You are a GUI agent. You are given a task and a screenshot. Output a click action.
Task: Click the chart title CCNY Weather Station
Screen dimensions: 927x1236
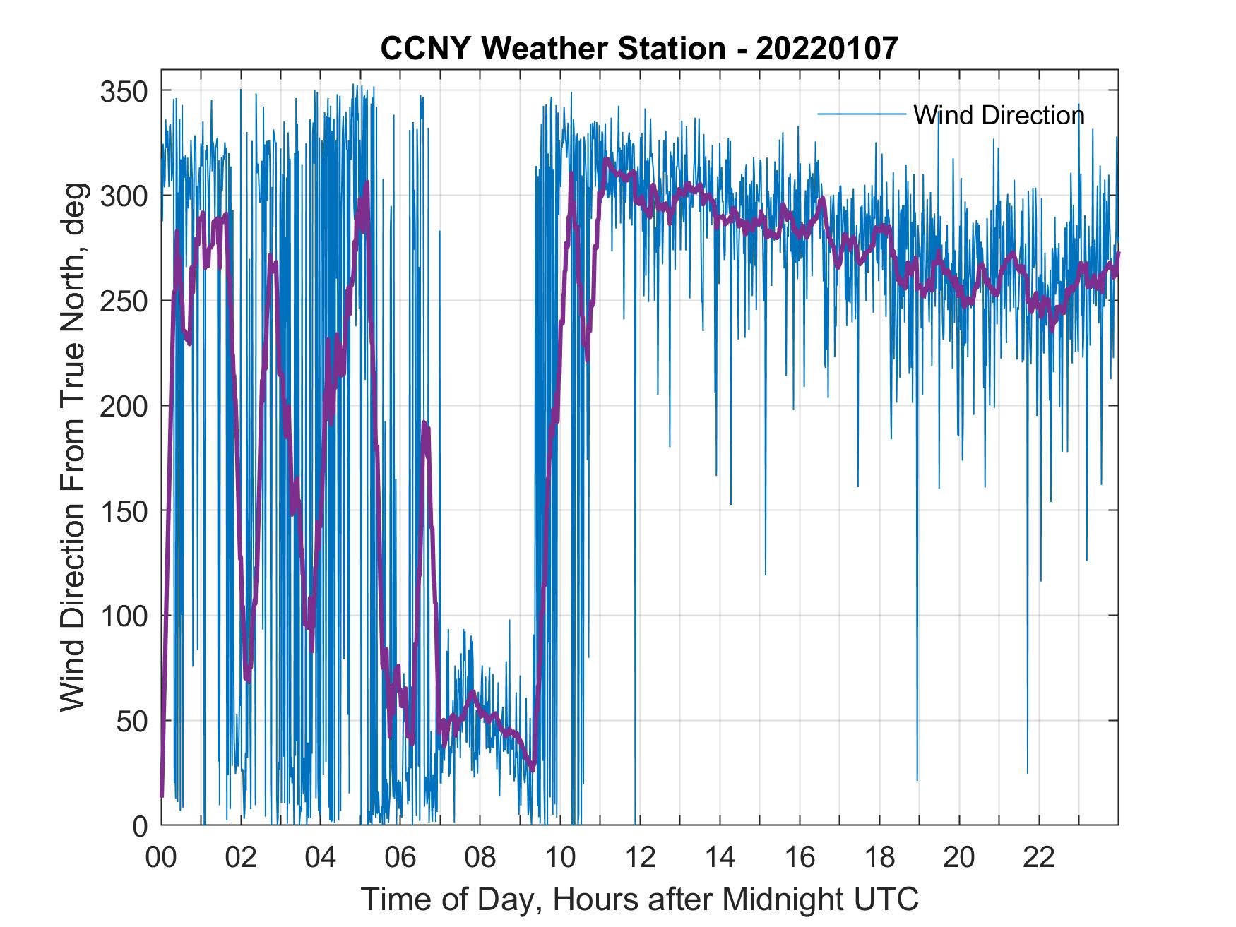pyautogui.click(x=553, y=49)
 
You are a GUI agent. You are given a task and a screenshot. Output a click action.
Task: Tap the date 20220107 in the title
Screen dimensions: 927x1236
pyautogui.click(x=827, y=49)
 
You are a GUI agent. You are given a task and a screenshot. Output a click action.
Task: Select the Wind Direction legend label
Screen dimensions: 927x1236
pyautogui.click(x=999, y=115)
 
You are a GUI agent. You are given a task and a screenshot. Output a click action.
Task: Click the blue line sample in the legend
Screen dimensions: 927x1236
pyautogui.click(x=862, y=114)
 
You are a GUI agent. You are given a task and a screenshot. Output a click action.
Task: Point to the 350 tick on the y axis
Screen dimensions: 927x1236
pyautogui.click(x=124, y=91)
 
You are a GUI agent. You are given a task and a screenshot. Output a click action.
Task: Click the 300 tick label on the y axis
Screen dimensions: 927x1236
pyautogui.click(x=124, y=196)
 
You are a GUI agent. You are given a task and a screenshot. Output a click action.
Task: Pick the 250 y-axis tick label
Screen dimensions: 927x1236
pyautogui.click(x=124, y=301)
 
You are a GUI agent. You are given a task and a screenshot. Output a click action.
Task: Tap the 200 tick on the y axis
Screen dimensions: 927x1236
pyautogui.click(x=124, y=406)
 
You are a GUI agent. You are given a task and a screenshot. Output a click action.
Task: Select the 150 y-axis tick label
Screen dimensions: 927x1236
pyautogui.click(x=124, y=510)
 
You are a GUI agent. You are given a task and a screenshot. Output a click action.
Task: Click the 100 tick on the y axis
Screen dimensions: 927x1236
pyautogui.click(x=124, y=616)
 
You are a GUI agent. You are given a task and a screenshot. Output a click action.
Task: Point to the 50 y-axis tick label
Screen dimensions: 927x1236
pyautogui.click(x=132, y=721)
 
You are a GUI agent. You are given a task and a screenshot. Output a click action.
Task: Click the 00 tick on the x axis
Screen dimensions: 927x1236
pyautogui.click(x=161, y=858)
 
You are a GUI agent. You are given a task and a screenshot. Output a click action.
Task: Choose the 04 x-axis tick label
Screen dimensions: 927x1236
pyautogui.click(x=321, y=858)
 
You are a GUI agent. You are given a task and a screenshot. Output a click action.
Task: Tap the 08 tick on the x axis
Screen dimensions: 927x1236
pyautogui.click(x=480, y=858)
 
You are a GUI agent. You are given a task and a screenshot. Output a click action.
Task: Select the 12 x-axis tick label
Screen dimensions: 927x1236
pyautogui.click(x=640, y=858)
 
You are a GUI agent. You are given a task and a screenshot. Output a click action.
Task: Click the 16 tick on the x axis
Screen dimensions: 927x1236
pyautogui.click(x=800, y=858)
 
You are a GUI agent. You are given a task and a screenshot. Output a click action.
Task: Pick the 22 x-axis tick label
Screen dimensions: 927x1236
pyautogui.click(x=1039, y=858)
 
